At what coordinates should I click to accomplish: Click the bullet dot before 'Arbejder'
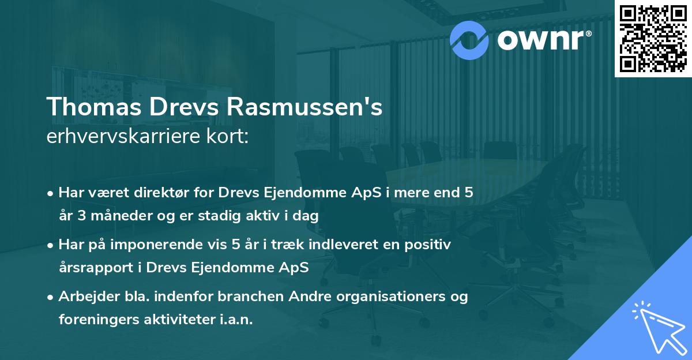(51, 297)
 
